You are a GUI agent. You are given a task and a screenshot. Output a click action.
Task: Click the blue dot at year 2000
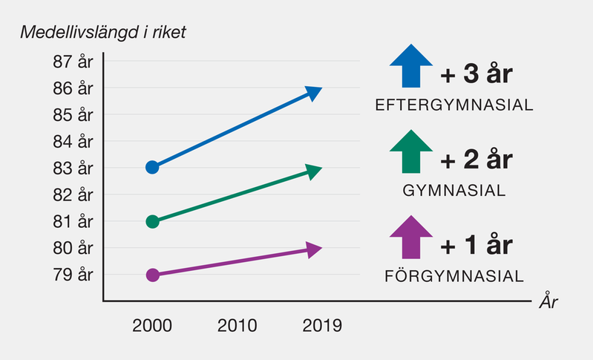coord(152,167)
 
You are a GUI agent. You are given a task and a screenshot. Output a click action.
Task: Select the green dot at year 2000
coord(152,221)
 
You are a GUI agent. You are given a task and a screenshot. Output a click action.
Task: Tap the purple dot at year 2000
coord(152,275)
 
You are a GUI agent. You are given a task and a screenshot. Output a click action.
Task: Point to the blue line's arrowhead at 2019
coord(315,93)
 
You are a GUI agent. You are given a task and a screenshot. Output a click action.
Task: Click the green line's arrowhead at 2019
coord(315,172)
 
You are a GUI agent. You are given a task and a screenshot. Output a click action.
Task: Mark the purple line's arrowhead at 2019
coord(315,249)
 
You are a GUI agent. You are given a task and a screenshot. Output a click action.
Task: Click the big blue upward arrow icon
coord(410,66)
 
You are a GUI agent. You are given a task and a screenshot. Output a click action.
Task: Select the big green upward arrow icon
coord(410,151)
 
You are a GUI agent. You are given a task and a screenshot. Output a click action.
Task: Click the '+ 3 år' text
coord(476,75)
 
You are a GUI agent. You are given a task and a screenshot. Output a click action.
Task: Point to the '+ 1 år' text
coord(476,246)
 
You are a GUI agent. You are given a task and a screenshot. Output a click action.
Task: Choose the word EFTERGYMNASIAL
coord(454,105)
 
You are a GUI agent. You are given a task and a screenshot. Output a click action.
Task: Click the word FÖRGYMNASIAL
coord(454,277)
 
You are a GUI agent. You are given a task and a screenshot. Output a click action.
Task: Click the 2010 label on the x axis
coord(237,325)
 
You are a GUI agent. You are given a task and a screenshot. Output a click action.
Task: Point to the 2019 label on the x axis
coord(321,325)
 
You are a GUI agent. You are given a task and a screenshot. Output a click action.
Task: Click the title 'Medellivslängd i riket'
coord(103,33)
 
